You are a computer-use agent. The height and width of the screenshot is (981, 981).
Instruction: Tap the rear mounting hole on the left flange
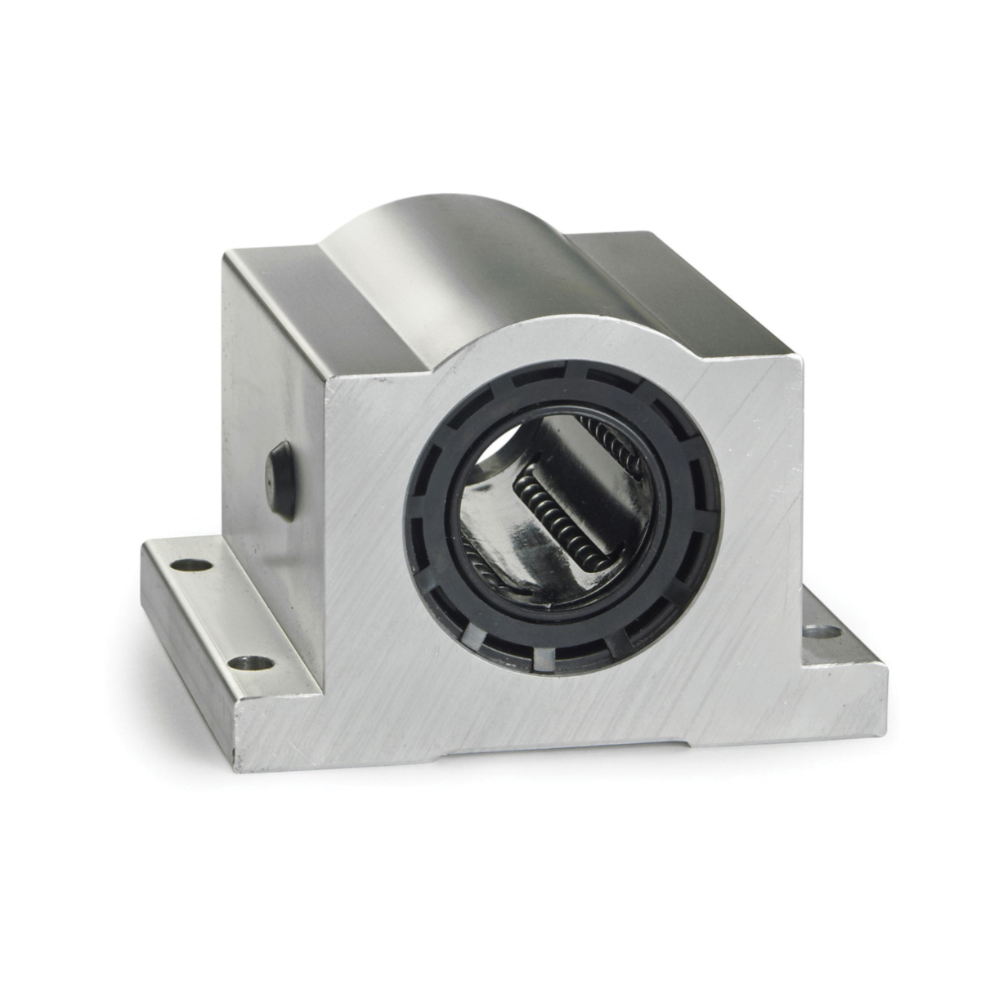pos(191,564)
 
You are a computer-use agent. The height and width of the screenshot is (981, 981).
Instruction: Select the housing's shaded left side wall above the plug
pos(270,368)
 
